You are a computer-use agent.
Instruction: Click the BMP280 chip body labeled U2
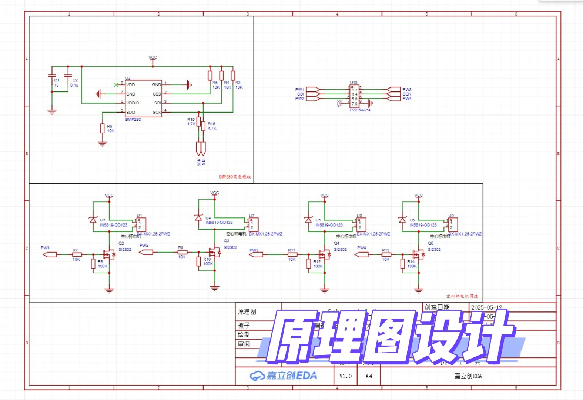pyautogui.click(x=143, y=99)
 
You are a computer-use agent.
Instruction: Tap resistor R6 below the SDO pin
pyautogui.click(x=103, y=129)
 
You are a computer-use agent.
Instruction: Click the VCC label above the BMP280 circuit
pyautogui.click(x=153, y=57)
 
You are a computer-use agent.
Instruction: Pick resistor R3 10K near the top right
pyautogui.click(x=233, y=76)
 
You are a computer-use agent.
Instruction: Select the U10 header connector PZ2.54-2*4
pyautogui.click(x=354, y=96)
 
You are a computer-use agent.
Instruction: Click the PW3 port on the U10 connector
pyautogui.click(x=394, y=90)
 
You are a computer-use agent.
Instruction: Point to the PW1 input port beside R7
pyautogui.click(x=50, y=254)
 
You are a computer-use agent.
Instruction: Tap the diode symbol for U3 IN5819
pyautogui.click(x=93, y=220)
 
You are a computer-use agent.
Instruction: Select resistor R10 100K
pyautogui.click(x=199, y=261)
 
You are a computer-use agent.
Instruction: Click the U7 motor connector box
pyautogui.click(x=254, y=224)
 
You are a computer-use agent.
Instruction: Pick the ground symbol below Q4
pyautogui.click(x=325, y=290)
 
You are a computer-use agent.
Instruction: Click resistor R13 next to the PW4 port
pyautogui.click(x=386, y=254)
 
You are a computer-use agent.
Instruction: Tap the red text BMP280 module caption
pyautogui.click(x=235, y=177)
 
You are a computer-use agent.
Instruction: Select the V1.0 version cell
pyautogui.click(x=345, y=376)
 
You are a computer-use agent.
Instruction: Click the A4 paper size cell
pyautogui.click(x=369, y=376)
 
